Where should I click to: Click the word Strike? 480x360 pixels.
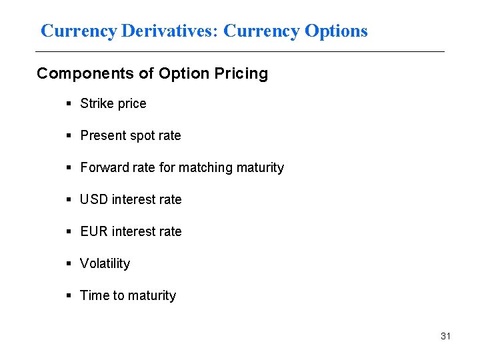(x=96, y=103)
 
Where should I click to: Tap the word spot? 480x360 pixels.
(x=141, y=135)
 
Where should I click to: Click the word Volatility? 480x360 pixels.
(x=105, y=263)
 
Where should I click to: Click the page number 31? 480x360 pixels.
(x=445, y=336)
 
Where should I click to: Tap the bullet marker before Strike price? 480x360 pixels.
(x=69, y=103)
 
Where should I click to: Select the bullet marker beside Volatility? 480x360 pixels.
(x=69, y=263)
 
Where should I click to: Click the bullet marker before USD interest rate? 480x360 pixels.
(x=69, y=199)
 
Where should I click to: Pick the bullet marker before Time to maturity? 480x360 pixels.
(x=69, y=295)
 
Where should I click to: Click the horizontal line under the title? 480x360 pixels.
(x=240, y=51)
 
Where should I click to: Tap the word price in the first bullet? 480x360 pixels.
(x=131, y=103)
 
